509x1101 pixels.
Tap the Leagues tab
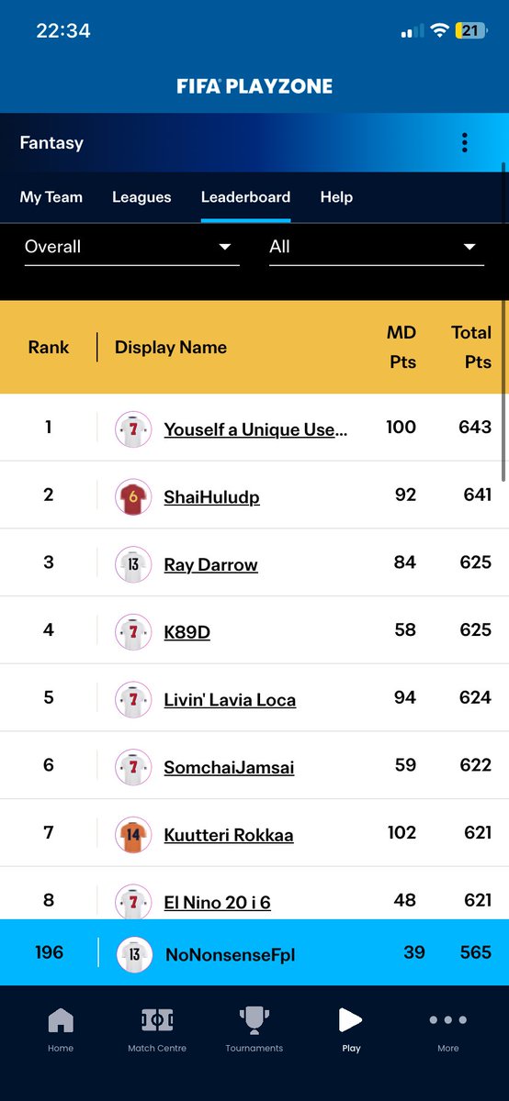coord(141,197)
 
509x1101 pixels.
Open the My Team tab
coord(51,197)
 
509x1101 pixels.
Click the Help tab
coord(336,197)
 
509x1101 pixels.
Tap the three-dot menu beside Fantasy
coord(465,143)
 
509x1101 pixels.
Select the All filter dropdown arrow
coord(469,247)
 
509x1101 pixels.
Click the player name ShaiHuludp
coord(211,497)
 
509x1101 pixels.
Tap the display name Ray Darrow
coord(210,565)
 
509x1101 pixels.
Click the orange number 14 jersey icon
coord(133,835)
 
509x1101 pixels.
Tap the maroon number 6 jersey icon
coord(133,497)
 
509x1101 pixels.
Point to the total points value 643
coord(475,427)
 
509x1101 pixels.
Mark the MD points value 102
coord(402,832)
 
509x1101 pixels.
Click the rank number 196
coord(49,952)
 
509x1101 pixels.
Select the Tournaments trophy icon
coord(254,1020)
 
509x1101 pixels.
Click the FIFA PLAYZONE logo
coord(254,86)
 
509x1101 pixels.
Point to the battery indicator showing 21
coord(470,30)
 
